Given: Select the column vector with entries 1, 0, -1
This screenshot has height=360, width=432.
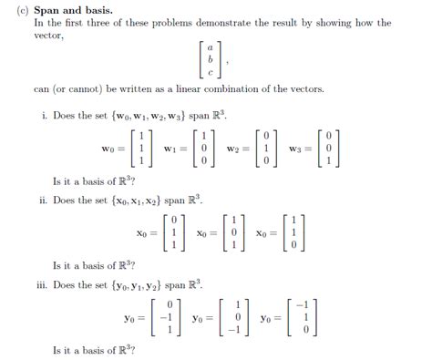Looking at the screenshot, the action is coord(235,318).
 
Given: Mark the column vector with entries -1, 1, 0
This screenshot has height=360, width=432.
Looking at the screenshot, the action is coord(304,318).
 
